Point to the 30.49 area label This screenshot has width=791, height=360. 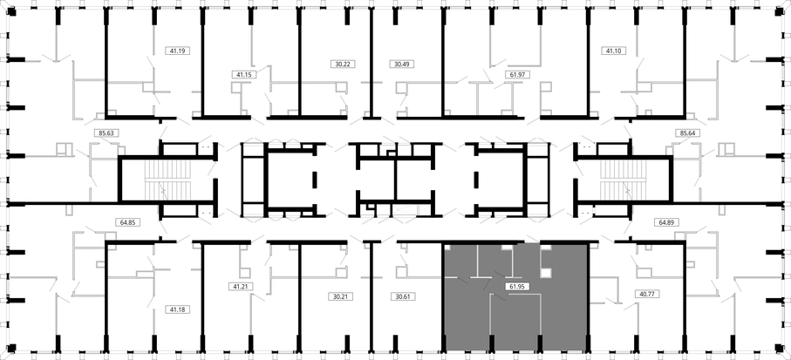pyautogui.click(x=402, y=64)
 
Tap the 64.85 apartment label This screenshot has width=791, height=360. pyautogui.click(x=127, y=222)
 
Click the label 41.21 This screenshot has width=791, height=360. pyautogui.click(x=241, y=287)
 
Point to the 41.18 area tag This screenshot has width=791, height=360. pyautogui.click(x=178, y=309)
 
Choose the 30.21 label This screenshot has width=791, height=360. pyautogui.click(x=341, y=296)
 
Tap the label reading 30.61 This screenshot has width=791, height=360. pyautogui.click(x=403, y=296)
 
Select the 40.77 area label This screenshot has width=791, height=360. pyautogui.click(x=647, y=294)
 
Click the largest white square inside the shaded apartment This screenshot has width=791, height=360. pyautogui.click(x=546, y=273)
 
